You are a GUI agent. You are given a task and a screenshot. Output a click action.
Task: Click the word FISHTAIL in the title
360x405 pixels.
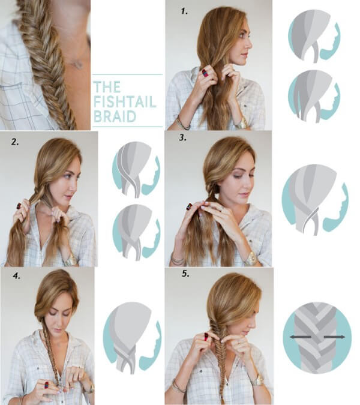tap(124, 101)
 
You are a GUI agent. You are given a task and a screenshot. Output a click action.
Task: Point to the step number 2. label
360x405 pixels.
tap(13, 142)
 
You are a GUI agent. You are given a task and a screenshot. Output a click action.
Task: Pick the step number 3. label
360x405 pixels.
tap(182, 139)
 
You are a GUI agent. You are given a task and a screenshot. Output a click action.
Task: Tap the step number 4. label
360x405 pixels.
tap(14, 275)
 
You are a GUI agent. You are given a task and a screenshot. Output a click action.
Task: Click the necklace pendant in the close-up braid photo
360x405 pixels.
tap(75, 64)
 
